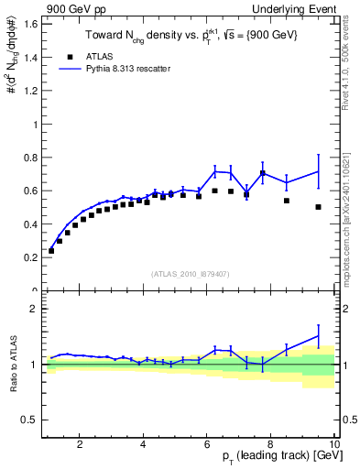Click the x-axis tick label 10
point(333,444)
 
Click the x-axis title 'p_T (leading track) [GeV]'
point(274,457)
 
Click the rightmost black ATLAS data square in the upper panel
point(318,207)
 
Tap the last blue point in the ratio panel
point(318,336)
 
